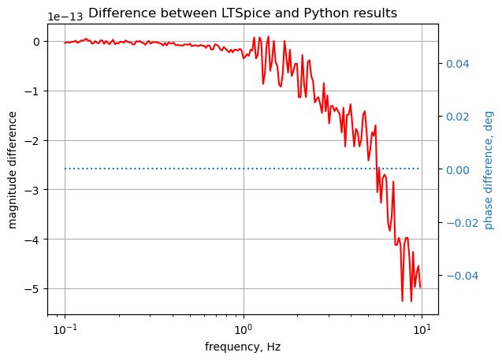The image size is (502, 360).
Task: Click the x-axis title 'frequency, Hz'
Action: (243, 347)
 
